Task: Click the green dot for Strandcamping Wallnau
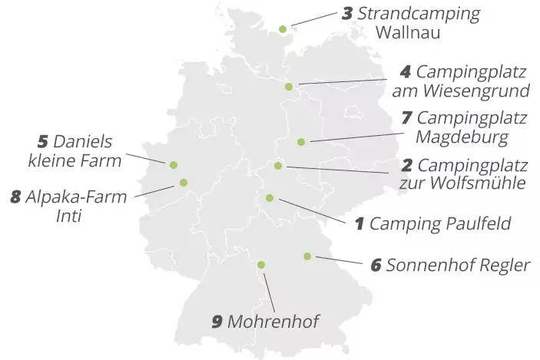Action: point(283,29)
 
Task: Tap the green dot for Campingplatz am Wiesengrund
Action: point(289,87)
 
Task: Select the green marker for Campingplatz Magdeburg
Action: point(301,141)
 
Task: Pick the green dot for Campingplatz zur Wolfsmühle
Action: point(278,166)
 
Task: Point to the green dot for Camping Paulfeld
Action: point(270,198)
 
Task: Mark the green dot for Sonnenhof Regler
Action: point(307,256)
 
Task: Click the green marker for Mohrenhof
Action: point(261,265)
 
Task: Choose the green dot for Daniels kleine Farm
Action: point(174,164)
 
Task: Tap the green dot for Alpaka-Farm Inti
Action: point(184,182)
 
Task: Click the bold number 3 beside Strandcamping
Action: point(347,14)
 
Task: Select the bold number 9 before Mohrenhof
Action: point(217,322)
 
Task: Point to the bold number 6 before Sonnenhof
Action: point(376,266)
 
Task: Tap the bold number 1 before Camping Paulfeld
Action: point(359,224)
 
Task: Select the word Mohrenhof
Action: point(273,322)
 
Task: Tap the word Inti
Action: point(68,216)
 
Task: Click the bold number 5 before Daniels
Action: point(43,142)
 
